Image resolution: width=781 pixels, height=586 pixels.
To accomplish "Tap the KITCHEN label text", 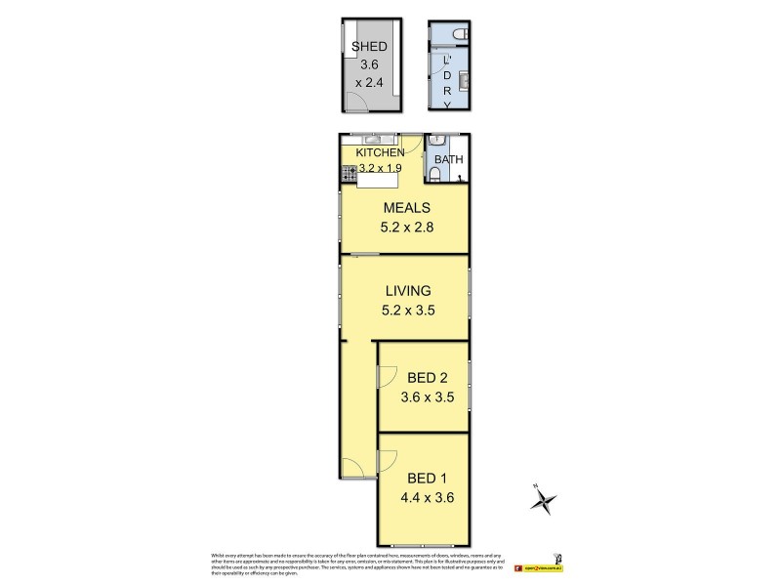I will pos(380,153).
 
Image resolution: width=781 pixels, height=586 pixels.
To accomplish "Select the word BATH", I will pos(449,160).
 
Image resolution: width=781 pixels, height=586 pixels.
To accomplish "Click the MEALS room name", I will pos(407,208).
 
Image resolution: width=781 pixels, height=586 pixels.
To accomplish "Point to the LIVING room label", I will pos(407,291).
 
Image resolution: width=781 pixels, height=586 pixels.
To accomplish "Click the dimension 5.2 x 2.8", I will pos(407,228).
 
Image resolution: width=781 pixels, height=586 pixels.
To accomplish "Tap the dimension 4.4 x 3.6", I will pos(429,497).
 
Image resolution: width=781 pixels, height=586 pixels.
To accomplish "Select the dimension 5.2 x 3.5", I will pos(407,311).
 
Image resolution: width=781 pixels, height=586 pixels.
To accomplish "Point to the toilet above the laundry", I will pos(459,34).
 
